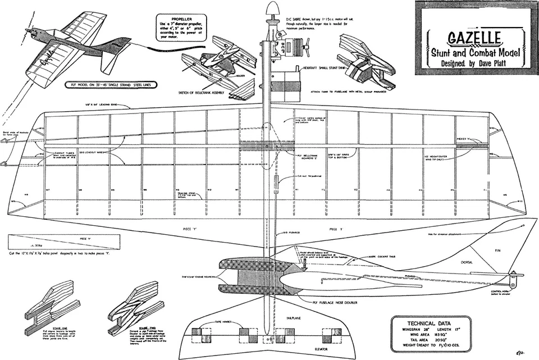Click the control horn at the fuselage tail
[513, 278]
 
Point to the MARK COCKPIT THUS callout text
[370, 256]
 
